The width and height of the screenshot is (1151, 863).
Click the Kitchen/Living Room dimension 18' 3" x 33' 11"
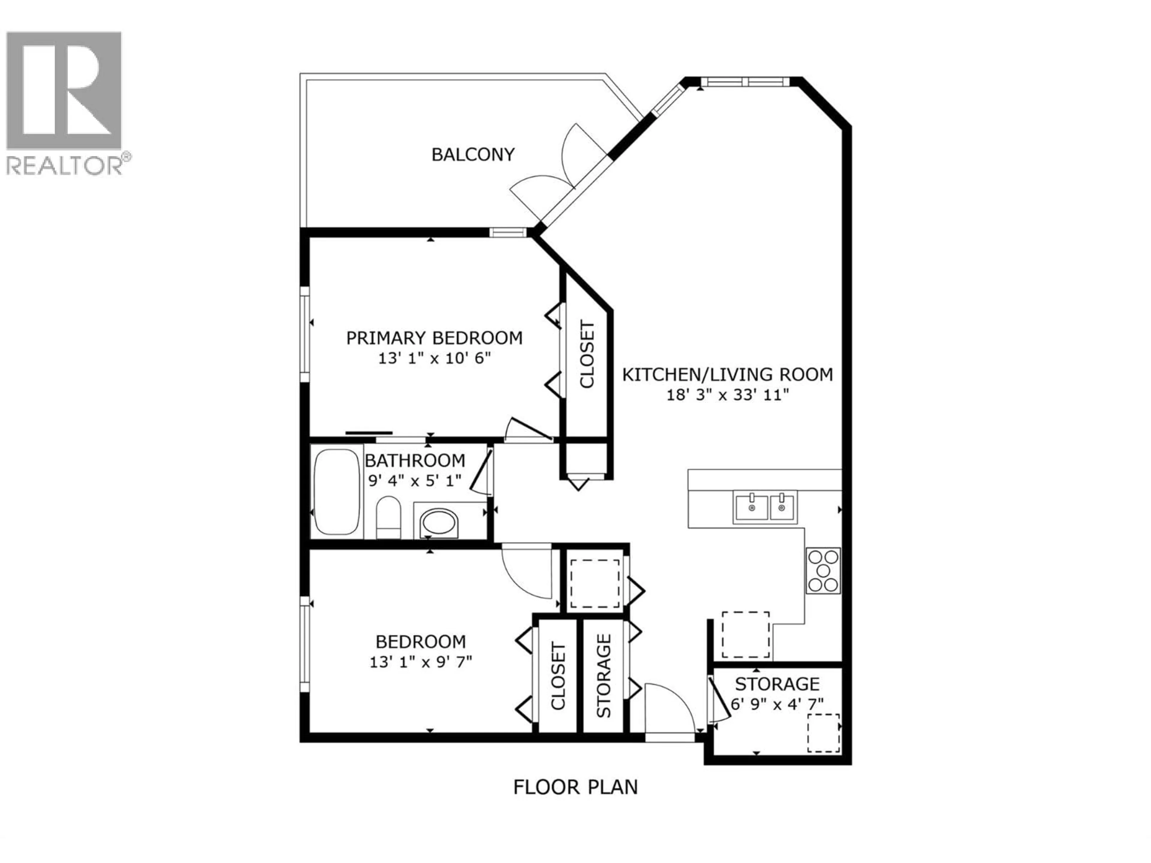coord(727,395)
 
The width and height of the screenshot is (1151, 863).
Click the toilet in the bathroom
coord(388,517)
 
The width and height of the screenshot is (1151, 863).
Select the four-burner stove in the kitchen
coord(823,571)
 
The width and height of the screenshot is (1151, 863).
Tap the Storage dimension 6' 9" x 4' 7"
coord(777,704)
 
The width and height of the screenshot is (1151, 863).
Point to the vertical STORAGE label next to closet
coord(603,676)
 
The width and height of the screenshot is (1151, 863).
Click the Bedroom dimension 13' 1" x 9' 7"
coord(421,662)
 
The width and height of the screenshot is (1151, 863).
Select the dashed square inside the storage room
coord(823,733)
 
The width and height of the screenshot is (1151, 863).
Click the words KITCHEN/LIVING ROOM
coord(727,375)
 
